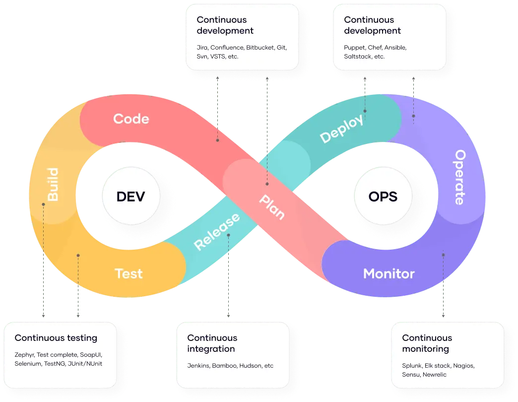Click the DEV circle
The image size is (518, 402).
(x=131, y=197)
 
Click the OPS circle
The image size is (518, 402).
(x=383, y=197)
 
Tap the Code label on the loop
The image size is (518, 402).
(x=131, y=119)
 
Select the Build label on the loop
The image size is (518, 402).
(x=52, y=185)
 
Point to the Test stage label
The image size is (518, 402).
(x=129, y=273)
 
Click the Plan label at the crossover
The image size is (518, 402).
(x=272, y=206)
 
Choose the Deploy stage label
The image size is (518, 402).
(x=341, y=129)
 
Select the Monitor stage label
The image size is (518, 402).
(x=388, y=273)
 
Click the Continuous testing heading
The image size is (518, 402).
(x=56, y=338)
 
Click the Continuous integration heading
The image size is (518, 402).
(x=212, y=343)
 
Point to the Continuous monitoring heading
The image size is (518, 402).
(x=427, y=343)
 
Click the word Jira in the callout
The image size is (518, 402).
(x=202, y=48)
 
